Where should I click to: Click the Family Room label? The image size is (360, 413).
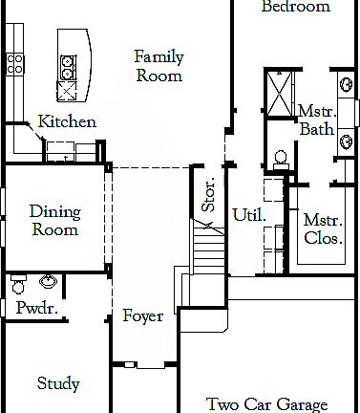point(159,66)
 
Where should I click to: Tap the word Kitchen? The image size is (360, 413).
point(67,121)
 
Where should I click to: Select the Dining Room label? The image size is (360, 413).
point(54,220)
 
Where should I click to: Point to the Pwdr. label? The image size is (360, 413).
point(37,308)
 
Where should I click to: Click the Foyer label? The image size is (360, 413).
point(142,316)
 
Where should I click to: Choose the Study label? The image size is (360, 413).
point(58,384)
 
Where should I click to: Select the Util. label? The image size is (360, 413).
point(249,215)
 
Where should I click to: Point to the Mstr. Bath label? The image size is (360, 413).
point(314,120)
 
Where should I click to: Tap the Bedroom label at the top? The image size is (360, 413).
point(296,7)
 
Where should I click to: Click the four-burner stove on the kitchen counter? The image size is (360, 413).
point(15,63)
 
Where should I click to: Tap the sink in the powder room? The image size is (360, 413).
point(47,282)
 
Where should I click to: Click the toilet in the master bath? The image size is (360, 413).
point(281,158)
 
